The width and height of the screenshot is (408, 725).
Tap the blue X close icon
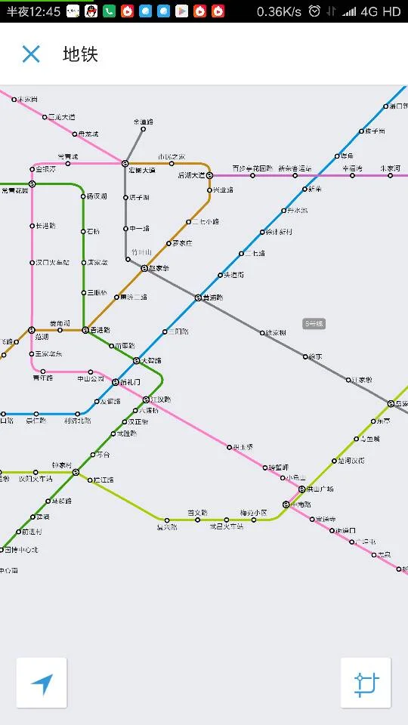(31, 54)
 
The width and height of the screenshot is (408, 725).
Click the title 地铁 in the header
(80, 54)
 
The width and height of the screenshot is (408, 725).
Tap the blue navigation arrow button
(42, 683)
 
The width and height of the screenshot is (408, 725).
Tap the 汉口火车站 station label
(52, 262)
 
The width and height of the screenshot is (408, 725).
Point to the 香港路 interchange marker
(85, 330)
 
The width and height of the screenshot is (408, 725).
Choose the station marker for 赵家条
(144, 268)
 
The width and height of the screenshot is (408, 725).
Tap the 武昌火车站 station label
(227, 526)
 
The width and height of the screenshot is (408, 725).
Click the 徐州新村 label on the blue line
(278, 232)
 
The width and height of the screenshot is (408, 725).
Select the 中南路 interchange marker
(286, 504)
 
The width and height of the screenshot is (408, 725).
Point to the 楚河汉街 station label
(351, 460)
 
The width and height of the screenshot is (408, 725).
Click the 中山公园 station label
(91, 378)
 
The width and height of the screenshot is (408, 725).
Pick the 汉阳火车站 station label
(36, 478)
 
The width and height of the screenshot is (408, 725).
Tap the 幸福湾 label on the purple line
(352, 168)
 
